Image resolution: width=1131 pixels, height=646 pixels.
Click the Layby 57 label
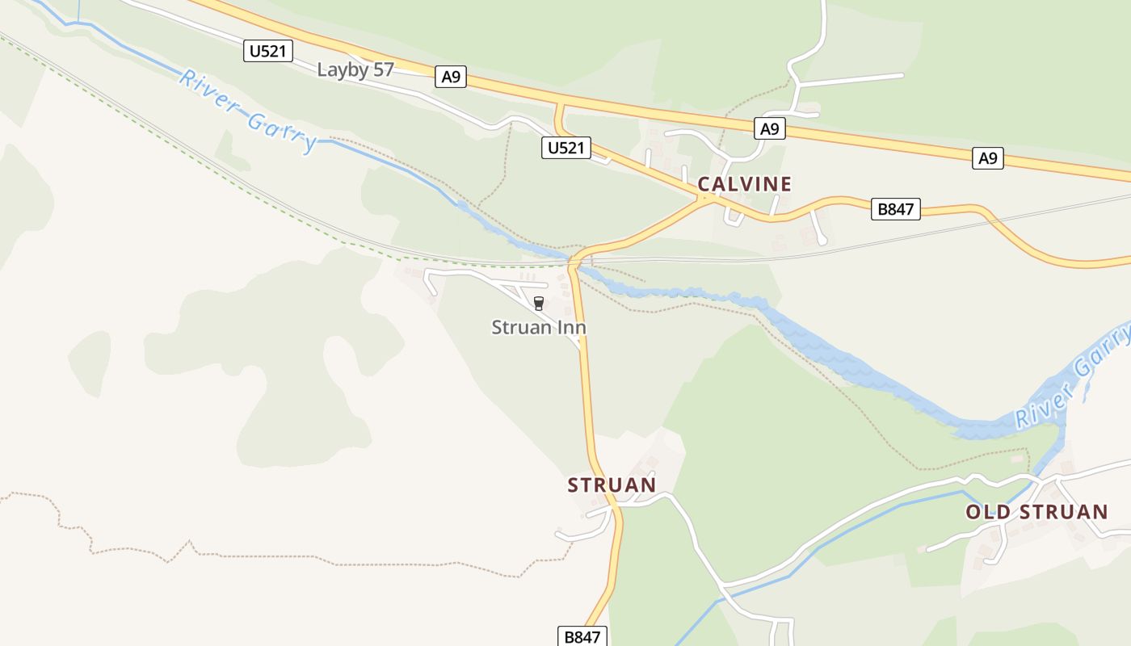tap(355, 69)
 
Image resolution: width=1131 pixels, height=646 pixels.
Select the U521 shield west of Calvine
tap(565, 148)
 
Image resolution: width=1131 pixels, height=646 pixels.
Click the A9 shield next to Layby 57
tap(451, 77)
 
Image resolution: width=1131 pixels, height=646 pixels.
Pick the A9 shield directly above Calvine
tap(770, 128)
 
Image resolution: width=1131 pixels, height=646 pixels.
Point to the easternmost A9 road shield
tap(987, 158)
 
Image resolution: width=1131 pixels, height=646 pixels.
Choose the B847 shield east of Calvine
tap(895, 209)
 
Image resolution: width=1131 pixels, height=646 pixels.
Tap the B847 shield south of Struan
tap(582, 636)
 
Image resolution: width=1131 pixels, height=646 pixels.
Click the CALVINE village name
tap(744, 184)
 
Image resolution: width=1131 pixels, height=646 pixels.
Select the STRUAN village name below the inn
tap(612, 484)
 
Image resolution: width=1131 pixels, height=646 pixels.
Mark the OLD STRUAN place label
tap(1036, 512)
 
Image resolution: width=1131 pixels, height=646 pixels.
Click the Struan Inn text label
tap(539, 327)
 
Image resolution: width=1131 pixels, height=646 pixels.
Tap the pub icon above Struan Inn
tap(539, 304)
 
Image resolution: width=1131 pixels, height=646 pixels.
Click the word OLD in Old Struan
tap(987, 512)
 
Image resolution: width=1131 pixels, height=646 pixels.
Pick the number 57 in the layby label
tap(383, 69)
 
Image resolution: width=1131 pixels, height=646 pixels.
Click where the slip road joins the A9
tap(557, 104)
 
